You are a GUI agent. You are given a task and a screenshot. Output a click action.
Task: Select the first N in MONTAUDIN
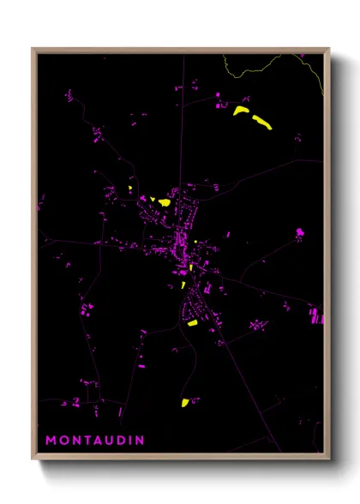click(75, 441)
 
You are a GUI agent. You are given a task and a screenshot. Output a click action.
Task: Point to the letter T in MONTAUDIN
click(87, 441)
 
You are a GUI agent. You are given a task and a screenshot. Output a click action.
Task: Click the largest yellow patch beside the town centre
click(164, 203)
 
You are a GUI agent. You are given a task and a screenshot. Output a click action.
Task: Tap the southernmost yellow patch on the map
click(184, 402)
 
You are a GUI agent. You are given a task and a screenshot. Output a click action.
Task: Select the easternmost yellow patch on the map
click(261, 123)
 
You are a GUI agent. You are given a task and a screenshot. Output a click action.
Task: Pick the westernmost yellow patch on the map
click(129, 189)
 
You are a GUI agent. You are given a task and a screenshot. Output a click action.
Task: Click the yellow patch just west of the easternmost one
click(239, 111)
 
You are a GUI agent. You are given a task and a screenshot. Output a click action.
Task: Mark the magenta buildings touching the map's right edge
click(317, 316)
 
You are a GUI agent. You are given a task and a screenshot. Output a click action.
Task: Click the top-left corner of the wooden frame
click(33, 49)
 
